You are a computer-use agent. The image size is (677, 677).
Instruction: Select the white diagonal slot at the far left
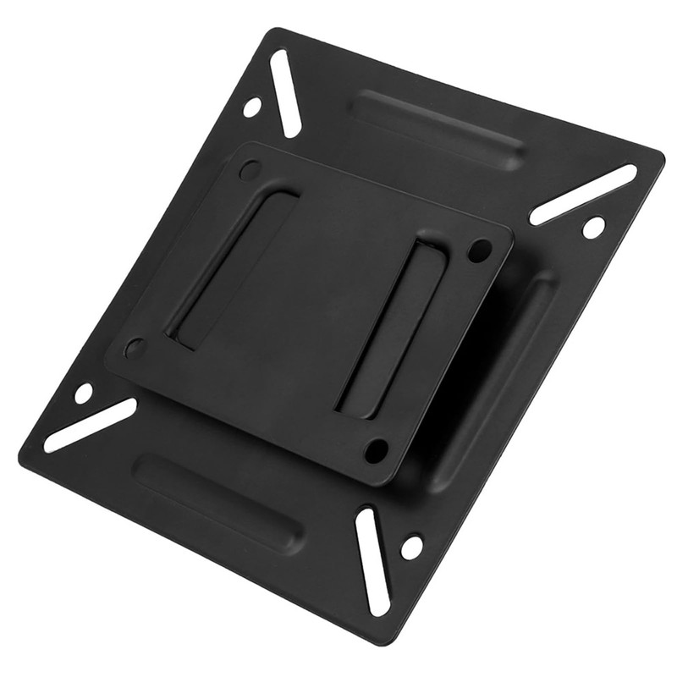click(90, 425)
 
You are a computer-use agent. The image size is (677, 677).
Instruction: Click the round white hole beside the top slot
click(251, 107)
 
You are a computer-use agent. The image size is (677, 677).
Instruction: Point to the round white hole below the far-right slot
click(594, 227)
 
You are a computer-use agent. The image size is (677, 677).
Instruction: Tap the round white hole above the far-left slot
click(83, 393)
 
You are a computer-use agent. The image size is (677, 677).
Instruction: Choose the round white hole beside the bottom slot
click(411, 547)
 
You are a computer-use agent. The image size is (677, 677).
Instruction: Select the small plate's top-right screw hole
click(481, 250)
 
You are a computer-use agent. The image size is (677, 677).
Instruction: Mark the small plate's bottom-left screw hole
click(135, 347)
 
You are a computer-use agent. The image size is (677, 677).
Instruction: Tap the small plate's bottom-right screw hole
click(377, 449)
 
